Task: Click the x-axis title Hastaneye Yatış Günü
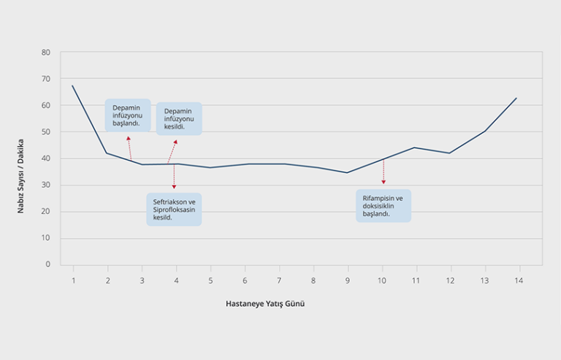click(264, 304)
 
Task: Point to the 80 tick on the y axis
click(46, 53)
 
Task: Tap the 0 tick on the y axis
click(47, 264)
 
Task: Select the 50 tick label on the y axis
click(46, 132)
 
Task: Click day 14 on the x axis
click(518, 280)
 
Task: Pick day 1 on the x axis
click(73, 280)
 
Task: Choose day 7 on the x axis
click(279, 280)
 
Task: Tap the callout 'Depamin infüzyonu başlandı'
click(128, 115)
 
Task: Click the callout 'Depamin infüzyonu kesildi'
click(179, 118)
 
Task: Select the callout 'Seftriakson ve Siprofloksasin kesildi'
click(174, 209)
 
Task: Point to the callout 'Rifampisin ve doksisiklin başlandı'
click(383, 205)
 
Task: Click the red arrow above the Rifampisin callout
click(383, 172)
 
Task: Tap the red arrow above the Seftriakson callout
click(174, 177)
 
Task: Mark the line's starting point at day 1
click(73, 86)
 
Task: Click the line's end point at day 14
click(517, 98)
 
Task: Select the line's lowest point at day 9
click(347, 172)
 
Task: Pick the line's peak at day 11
click(415, 148)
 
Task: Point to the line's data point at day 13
click(484, 131)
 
